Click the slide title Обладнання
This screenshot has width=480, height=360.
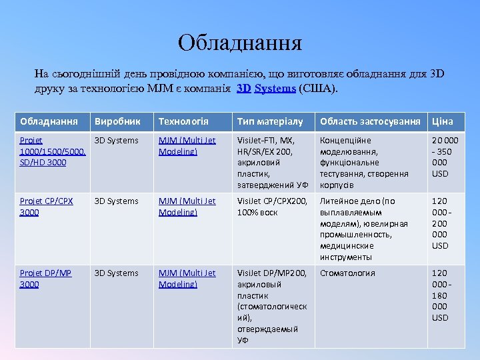point(240,43)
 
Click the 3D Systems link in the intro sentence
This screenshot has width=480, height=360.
point(269,87)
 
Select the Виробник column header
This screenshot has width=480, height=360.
point(118,121)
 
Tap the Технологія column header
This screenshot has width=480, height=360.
point(183,121)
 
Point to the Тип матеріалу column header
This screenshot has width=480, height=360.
point(270,121)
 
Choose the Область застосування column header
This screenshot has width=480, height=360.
point(370,121)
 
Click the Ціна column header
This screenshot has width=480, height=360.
point(443,121)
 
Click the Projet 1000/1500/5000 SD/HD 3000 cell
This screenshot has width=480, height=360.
point(53,151)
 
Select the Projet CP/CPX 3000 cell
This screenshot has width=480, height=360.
point(47,207)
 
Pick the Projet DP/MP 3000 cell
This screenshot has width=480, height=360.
point(46,279)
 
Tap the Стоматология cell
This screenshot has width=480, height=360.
point(347,273)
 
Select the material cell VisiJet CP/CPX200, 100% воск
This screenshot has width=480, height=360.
point(273,207)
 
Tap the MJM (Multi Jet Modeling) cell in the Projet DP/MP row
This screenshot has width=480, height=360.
point(187,279)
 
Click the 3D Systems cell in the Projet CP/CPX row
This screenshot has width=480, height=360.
point(117,201)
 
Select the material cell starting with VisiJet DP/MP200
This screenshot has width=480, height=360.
point(273,307)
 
